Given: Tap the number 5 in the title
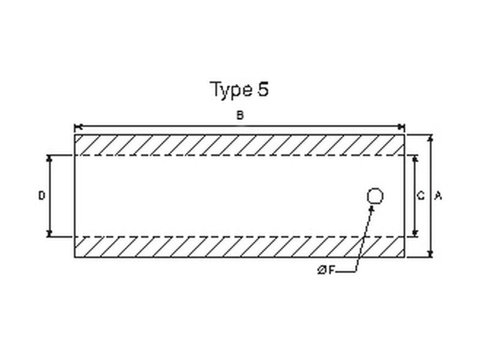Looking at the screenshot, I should (x=263, y=89).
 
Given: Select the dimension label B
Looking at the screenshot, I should (x=239, y=116).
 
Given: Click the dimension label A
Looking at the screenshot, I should (x=438, y=196).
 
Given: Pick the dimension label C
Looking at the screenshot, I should (x=421, y=196).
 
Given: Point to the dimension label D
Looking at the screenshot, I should (x=41, y=196).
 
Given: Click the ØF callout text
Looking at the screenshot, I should (x=326, y=271).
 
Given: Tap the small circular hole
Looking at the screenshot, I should (x=375, y=196).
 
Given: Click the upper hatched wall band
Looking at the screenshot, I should (x=239, y=145).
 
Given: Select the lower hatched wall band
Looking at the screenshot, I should (x=239, y=247).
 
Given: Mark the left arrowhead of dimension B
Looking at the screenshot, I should (x=77, y=127).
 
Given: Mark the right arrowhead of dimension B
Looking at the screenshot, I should (x=401, y=127).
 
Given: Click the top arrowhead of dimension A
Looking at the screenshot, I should (x=430, y=138).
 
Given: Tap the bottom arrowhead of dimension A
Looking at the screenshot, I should (x=430, y=254).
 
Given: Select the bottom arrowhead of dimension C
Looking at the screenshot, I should (x=415, y=233).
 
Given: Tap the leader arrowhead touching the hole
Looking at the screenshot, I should (x=372, y=208).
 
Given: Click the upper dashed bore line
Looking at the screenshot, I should (x=239, y=155).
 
